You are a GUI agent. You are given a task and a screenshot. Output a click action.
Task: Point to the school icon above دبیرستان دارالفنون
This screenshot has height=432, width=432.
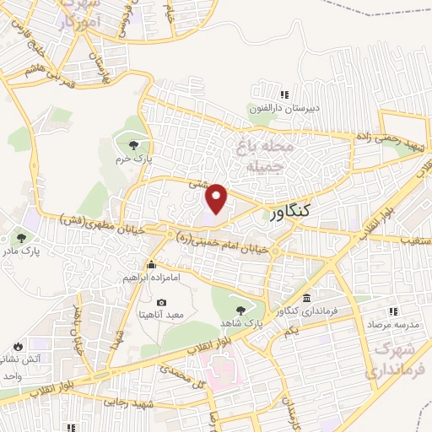(284, 94)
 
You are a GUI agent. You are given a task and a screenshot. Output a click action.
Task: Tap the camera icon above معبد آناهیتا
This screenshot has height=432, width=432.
(161, 302)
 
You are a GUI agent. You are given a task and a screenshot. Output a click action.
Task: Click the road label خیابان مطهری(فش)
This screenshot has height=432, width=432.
(97, 221)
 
